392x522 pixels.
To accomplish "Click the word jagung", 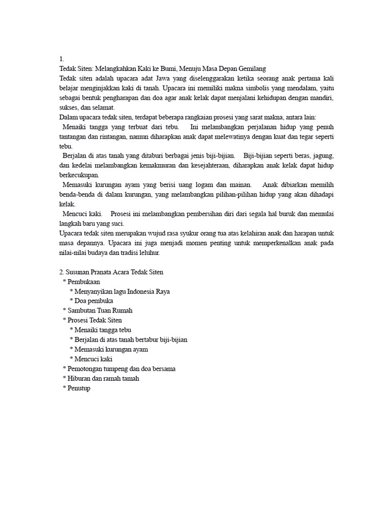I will pos(322,155).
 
